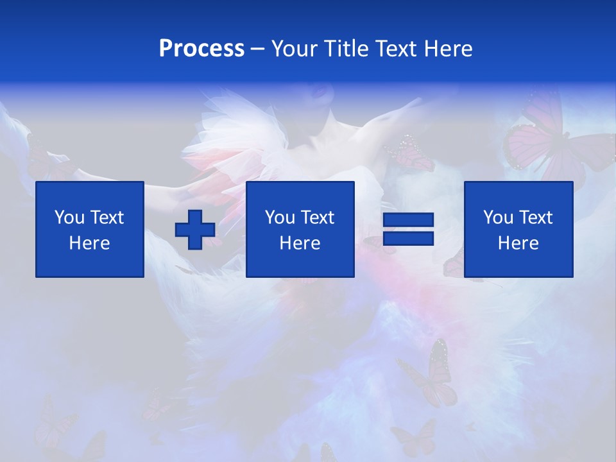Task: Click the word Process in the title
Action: [201, 49]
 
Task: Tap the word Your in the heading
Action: [295, 49]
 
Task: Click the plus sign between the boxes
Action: [195, 230]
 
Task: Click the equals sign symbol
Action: [409, 230]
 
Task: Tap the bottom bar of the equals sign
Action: [409, 238]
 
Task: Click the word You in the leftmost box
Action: [69, 218]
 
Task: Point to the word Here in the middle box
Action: [300, 243]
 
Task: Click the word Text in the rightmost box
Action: [536, 218]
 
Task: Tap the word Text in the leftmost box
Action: [107, 218]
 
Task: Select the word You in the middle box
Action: [280, 218]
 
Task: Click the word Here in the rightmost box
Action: [518, 243]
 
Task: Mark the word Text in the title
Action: [397, 49]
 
